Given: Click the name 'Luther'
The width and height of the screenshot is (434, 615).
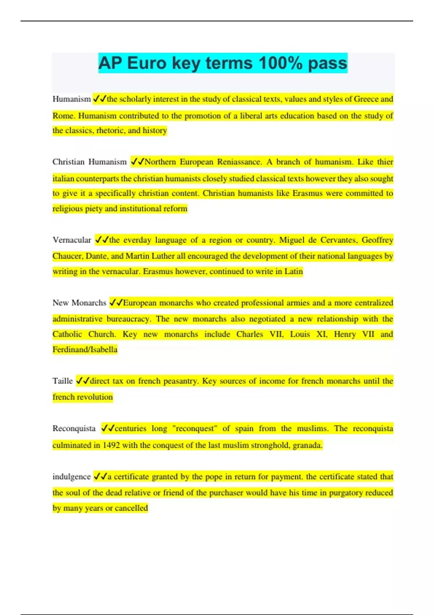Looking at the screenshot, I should click(x=163, y=256).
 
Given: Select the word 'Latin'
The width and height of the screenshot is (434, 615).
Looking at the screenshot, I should click(x=293, y=271).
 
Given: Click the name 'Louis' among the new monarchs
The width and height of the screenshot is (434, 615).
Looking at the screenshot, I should click(x=300, y=334).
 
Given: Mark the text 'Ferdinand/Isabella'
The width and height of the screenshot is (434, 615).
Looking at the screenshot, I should click(x=85, y=349).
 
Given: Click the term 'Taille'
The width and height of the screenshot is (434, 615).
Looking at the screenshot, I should click(x=63, y=381).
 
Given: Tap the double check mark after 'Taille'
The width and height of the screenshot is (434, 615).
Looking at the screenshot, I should click(x=83, y=381).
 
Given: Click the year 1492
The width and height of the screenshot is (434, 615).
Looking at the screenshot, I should click(x=111, y=445).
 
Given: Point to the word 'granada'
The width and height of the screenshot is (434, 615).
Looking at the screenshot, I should click(x=307, y=445).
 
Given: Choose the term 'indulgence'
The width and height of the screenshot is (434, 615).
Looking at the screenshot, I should click(x=71, y=477).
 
